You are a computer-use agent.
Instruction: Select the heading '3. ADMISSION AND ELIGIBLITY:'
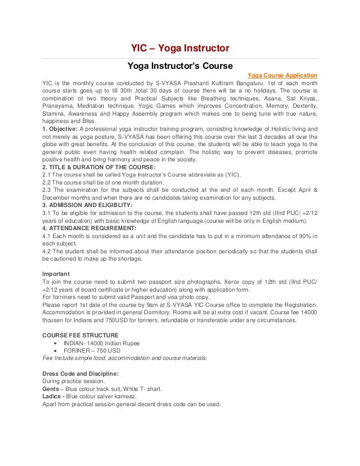87,205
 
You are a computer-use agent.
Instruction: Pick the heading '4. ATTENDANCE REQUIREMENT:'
87,228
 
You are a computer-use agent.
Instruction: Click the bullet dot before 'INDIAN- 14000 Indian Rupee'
54,343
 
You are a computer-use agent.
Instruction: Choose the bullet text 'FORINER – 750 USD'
92,350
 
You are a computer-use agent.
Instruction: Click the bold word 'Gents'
52,389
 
